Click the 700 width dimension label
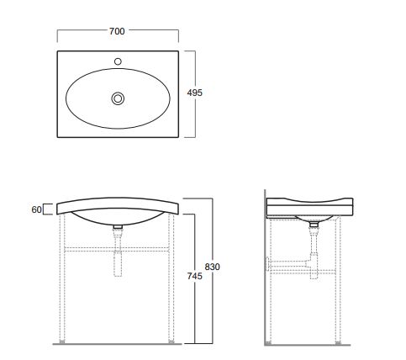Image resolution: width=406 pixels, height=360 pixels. click(x=117, y=31)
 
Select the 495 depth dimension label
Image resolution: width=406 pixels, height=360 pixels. click(x=195, y=93)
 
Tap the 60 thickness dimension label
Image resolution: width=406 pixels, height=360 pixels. click(x=36, y=209)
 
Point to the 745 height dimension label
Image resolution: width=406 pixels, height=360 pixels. click(x=195, y=276)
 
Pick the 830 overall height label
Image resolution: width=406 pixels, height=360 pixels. click(x=212, y=267)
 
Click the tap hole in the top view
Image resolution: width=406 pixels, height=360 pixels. click(x=118, y=61)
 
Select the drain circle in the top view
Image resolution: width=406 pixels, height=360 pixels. click(x=118, y=98)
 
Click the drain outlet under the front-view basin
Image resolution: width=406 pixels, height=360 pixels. click(x=118, y=226)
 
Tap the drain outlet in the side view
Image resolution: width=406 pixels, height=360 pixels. click(x=314, y=224)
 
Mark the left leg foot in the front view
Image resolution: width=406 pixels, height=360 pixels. click(x=62, y=341)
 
